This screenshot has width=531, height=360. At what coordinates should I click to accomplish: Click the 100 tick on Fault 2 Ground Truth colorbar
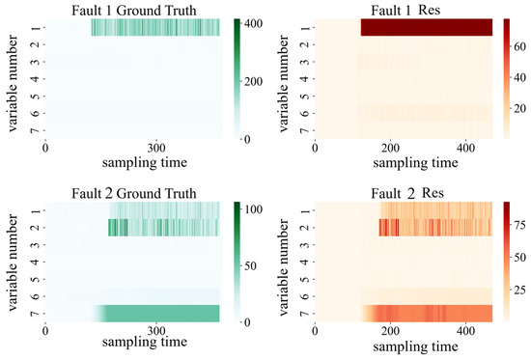tap(253, 208)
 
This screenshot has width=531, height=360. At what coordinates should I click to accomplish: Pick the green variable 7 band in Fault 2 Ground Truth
tap(164, 314)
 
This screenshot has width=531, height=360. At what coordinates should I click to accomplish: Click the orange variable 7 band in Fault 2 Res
tap(425, 314)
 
